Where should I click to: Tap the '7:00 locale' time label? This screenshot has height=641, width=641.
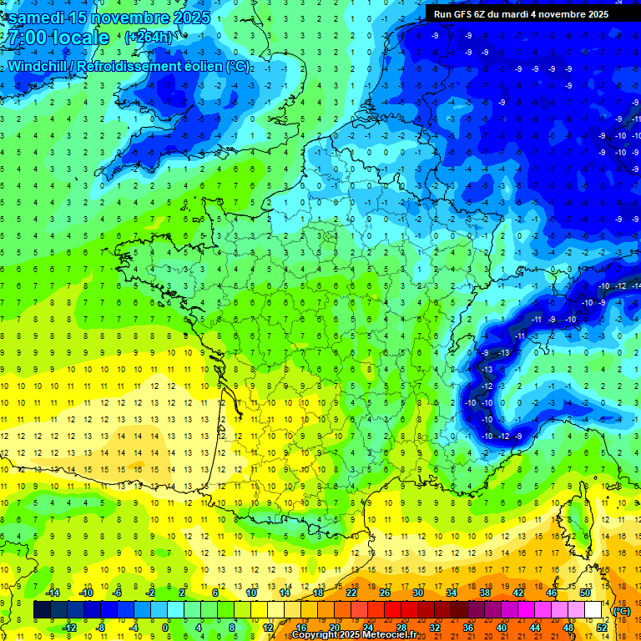[57, 38]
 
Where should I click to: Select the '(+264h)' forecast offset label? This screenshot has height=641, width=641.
[149, 37]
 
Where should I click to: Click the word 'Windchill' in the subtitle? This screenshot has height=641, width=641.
[41, 66]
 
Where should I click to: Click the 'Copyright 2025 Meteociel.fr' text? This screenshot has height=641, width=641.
[355, 635]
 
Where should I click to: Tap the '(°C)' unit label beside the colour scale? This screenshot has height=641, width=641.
[622, 611]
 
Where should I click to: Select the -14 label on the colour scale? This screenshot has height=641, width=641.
[53, 593]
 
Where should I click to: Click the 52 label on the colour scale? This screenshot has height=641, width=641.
[602, 628]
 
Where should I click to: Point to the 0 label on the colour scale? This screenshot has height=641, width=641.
[165, 628]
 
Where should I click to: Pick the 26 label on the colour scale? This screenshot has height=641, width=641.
[385, 593]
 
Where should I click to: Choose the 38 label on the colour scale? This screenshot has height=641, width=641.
[484, 593]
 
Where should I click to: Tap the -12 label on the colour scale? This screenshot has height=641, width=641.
[69, 628]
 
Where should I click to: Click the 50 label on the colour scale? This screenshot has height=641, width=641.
[584, 593]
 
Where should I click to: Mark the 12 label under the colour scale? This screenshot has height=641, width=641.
[268, 628]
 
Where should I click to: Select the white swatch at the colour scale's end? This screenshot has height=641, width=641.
[593, 610]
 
